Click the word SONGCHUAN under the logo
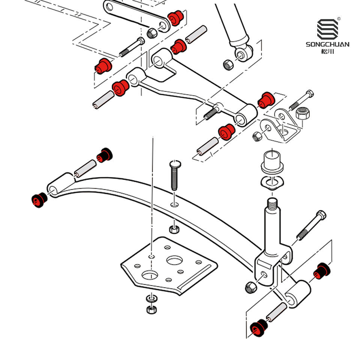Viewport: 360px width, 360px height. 327,44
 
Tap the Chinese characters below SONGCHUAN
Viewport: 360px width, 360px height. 327,51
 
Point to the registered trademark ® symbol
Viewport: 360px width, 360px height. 339,19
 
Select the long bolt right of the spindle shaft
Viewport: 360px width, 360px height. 311,226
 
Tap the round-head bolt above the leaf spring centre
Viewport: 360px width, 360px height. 174,176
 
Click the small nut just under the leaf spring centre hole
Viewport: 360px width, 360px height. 172,228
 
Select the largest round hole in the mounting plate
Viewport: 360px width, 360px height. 175,260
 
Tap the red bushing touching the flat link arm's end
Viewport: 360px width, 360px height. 174,18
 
